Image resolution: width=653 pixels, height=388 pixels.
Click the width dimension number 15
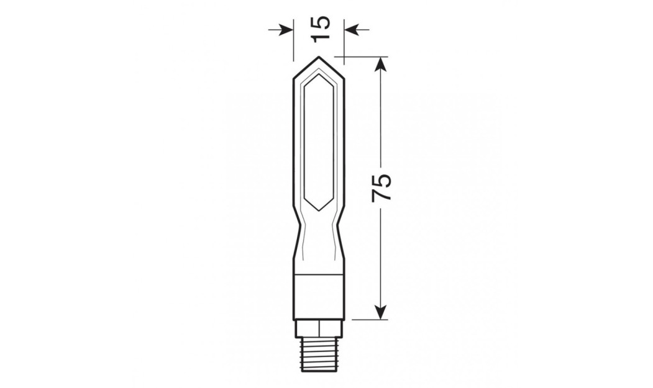[319, 29]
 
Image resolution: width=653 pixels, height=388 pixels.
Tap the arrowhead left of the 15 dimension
[287, 29]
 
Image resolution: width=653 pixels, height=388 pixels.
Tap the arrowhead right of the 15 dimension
[351, 29]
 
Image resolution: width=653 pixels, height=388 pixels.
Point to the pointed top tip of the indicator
[319, 58]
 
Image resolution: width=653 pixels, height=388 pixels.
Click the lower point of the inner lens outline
[319, 210]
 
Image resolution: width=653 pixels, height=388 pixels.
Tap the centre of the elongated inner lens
[319, 143]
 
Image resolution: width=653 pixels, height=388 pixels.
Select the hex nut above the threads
[319, 327]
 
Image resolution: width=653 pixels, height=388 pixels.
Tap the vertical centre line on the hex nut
[319, 327]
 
